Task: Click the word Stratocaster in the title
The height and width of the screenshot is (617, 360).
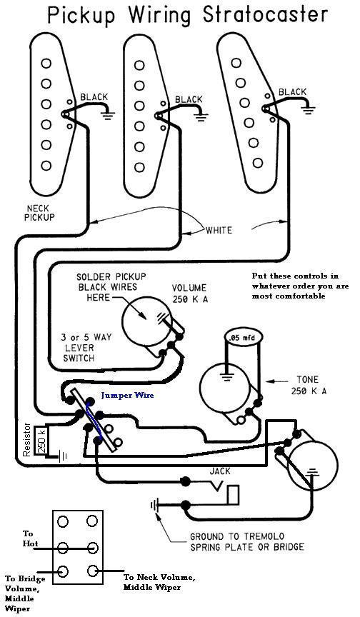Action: (265, 14)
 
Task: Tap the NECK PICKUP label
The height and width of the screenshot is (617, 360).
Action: (39, 213)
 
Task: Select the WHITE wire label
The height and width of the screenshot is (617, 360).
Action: (219, 230)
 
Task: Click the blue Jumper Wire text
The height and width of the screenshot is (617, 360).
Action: (127, 396)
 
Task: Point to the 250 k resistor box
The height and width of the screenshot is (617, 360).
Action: (41, 441)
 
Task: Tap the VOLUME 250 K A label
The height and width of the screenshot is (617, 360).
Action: (190, 294)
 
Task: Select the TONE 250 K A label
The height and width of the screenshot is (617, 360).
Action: (309, 386)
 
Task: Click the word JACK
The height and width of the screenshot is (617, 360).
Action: (220, 471)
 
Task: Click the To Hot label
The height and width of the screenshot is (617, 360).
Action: (30, 538)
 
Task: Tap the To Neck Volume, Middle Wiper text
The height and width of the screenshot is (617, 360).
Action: (159, 583)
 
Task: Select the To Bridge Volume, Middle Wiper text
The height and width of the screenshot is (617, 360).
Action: (25, 593)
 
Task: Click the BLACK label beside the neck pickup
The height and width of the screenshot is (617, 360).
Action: (94, 97)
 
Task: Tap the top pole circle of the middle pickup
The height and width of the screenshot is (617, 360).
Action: (139, 65)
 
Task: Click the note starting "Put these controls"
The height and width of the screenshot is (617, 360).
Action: (300, 286)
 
